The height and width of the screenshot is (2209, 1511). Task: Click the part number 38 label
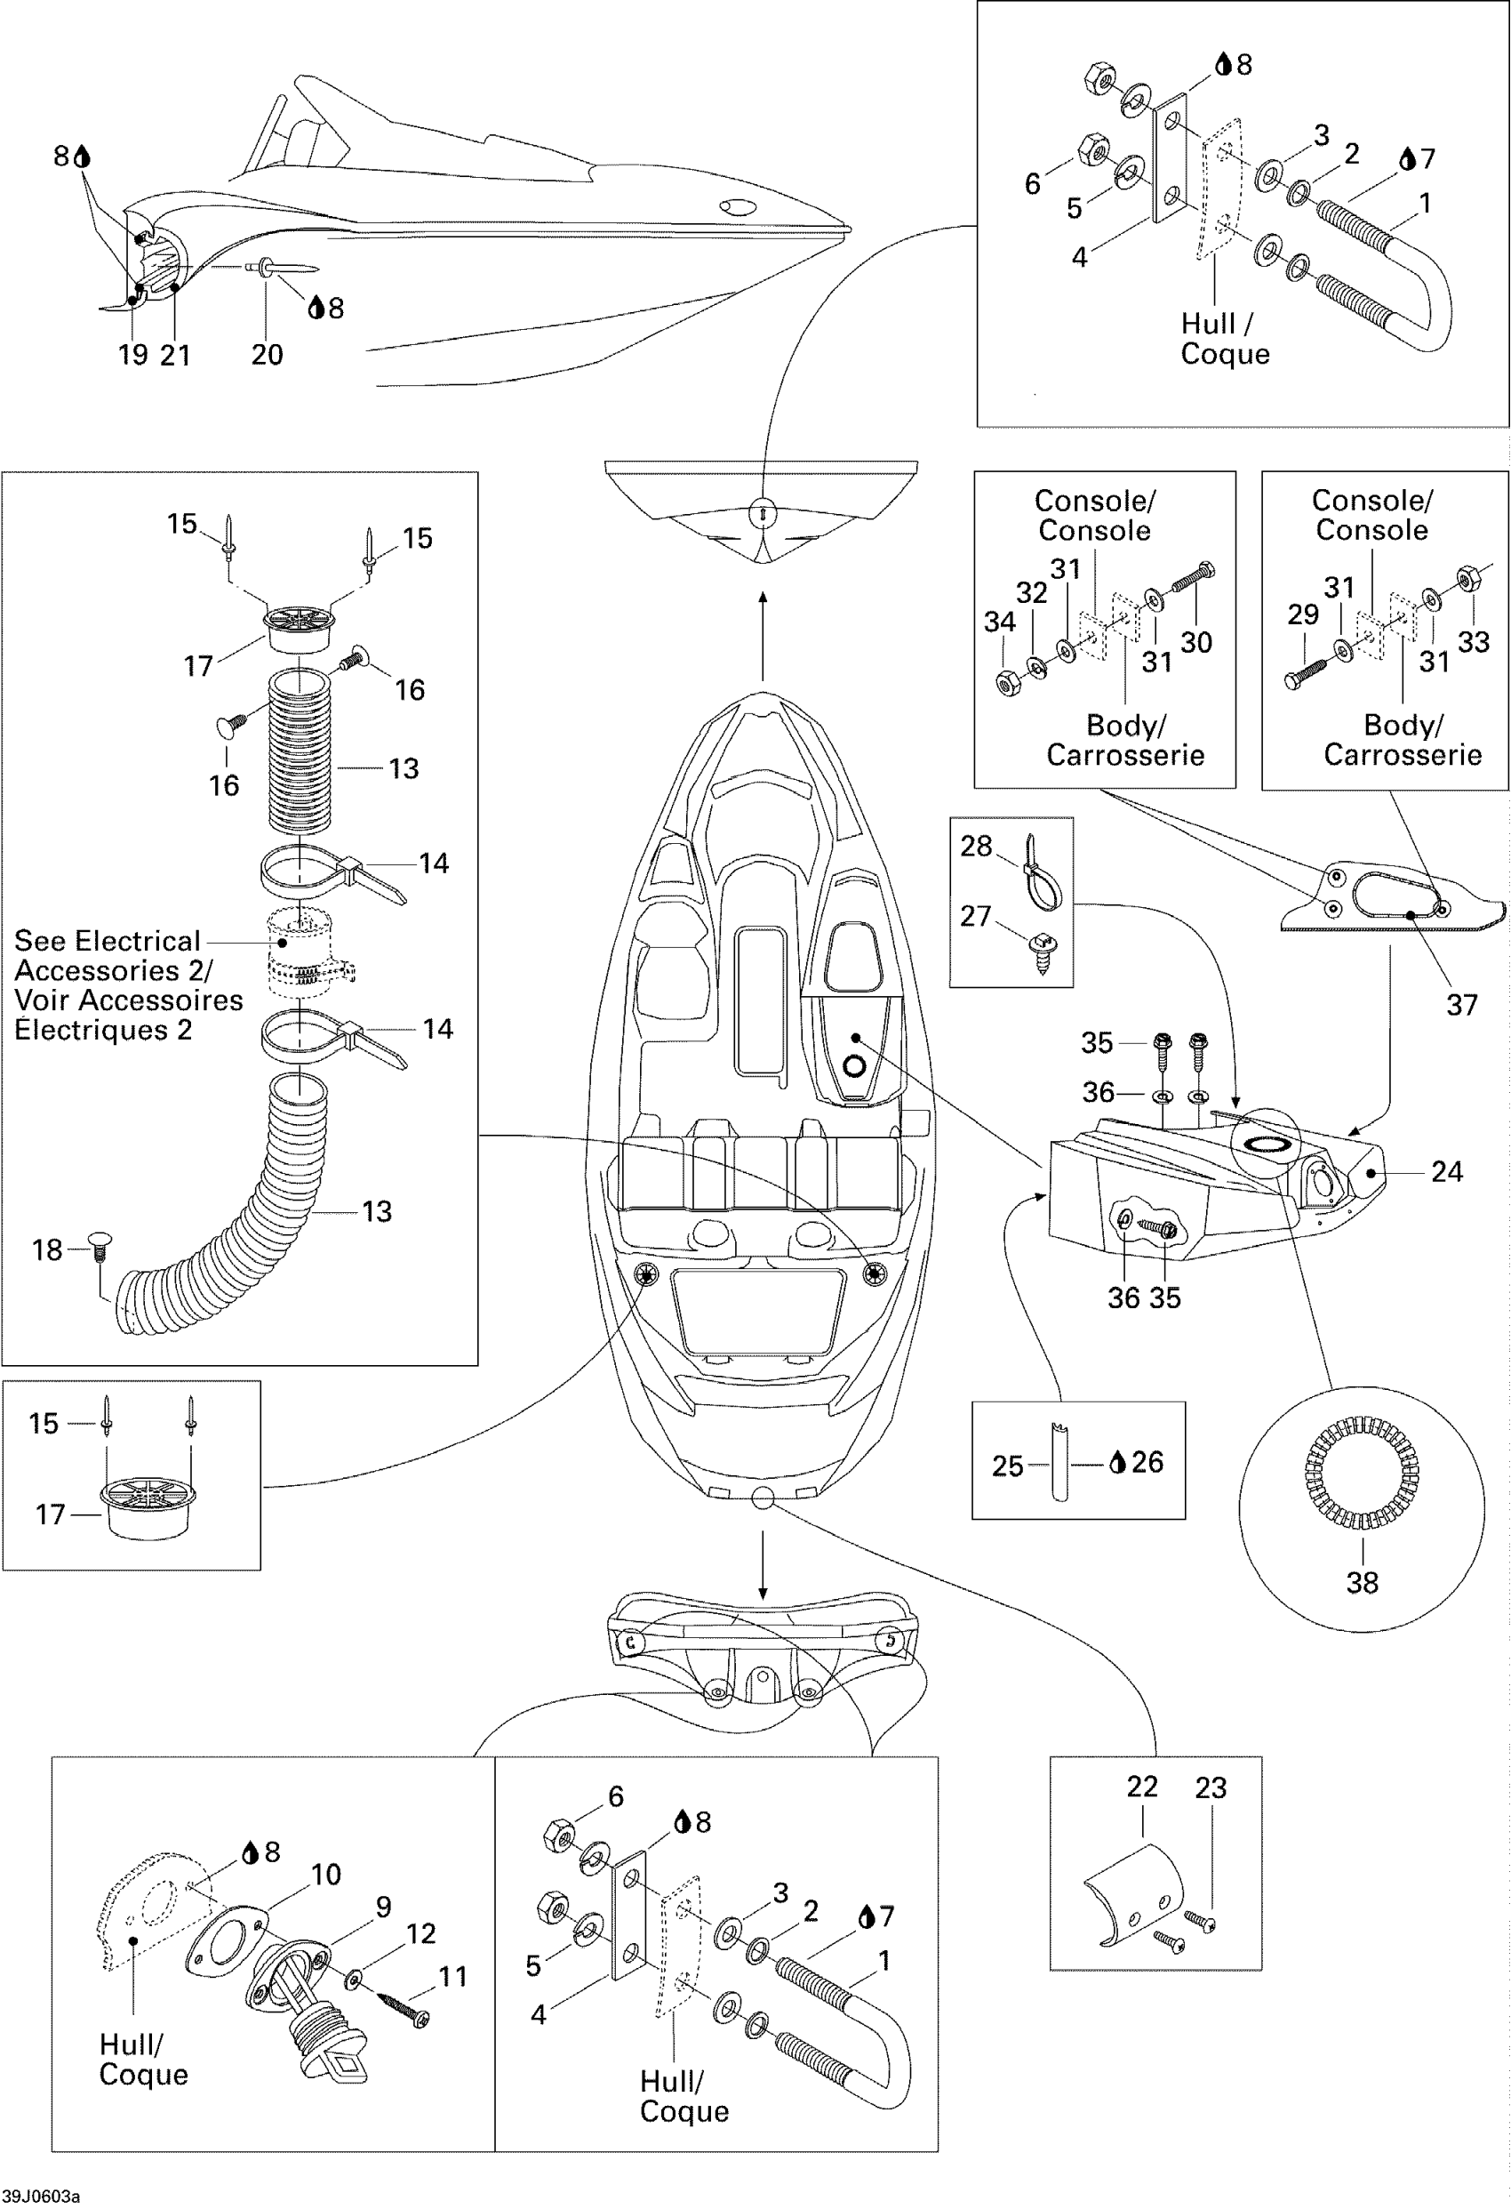tap(1362, 1583)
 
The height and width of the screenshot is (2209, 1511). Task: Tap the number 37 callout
tap(1461, 1005)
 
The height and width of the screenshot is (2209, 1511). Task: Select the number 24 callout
tap(1446, 1171)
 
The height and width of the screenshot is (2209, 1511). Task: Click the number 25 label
tap(1007, 1466)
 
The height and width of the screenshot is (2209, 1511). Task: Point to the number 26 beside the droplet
tap(1147, 1461)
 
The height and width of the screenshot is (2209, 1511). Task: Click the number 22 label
tap(1142, 1786)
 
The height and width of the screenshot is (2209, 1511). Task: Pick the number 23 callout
tap(1211, 1788)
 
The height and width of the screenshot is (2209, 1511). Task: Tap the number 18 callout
tap(47, 1250)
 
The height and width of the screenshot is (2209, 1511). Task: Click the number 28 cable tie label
tap(976, 846)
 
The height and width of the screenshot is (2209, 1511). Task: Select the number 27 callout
tap(976, 915)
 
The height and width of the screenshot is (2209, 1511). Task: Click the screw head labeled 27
tap(1039, 943)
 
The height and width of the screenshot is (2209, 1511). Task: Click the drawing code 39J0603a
tap(40, 2197)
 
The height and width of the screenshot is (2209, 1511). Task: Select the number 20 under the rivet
tap(267, 355)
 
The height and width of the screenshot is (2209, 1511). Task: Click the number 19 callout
tap(132, 355)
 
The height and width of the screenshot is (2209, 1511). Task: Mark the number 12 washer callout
tap(421, 1932)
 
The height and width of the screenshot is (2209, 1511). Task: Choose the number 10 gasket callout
tap(326, 1875)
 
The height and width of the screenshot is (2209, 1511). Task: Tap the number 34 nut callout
tap(1000, 622)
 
